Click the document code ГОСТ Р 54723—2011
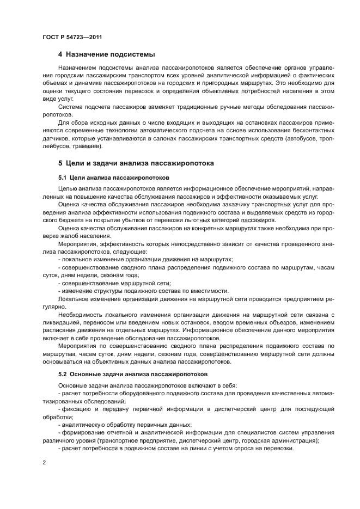tap(72, 38)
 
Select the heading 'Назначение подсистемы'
tap(110, 54)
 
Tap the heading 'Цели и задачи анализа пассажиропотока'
tap(141, 163)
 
